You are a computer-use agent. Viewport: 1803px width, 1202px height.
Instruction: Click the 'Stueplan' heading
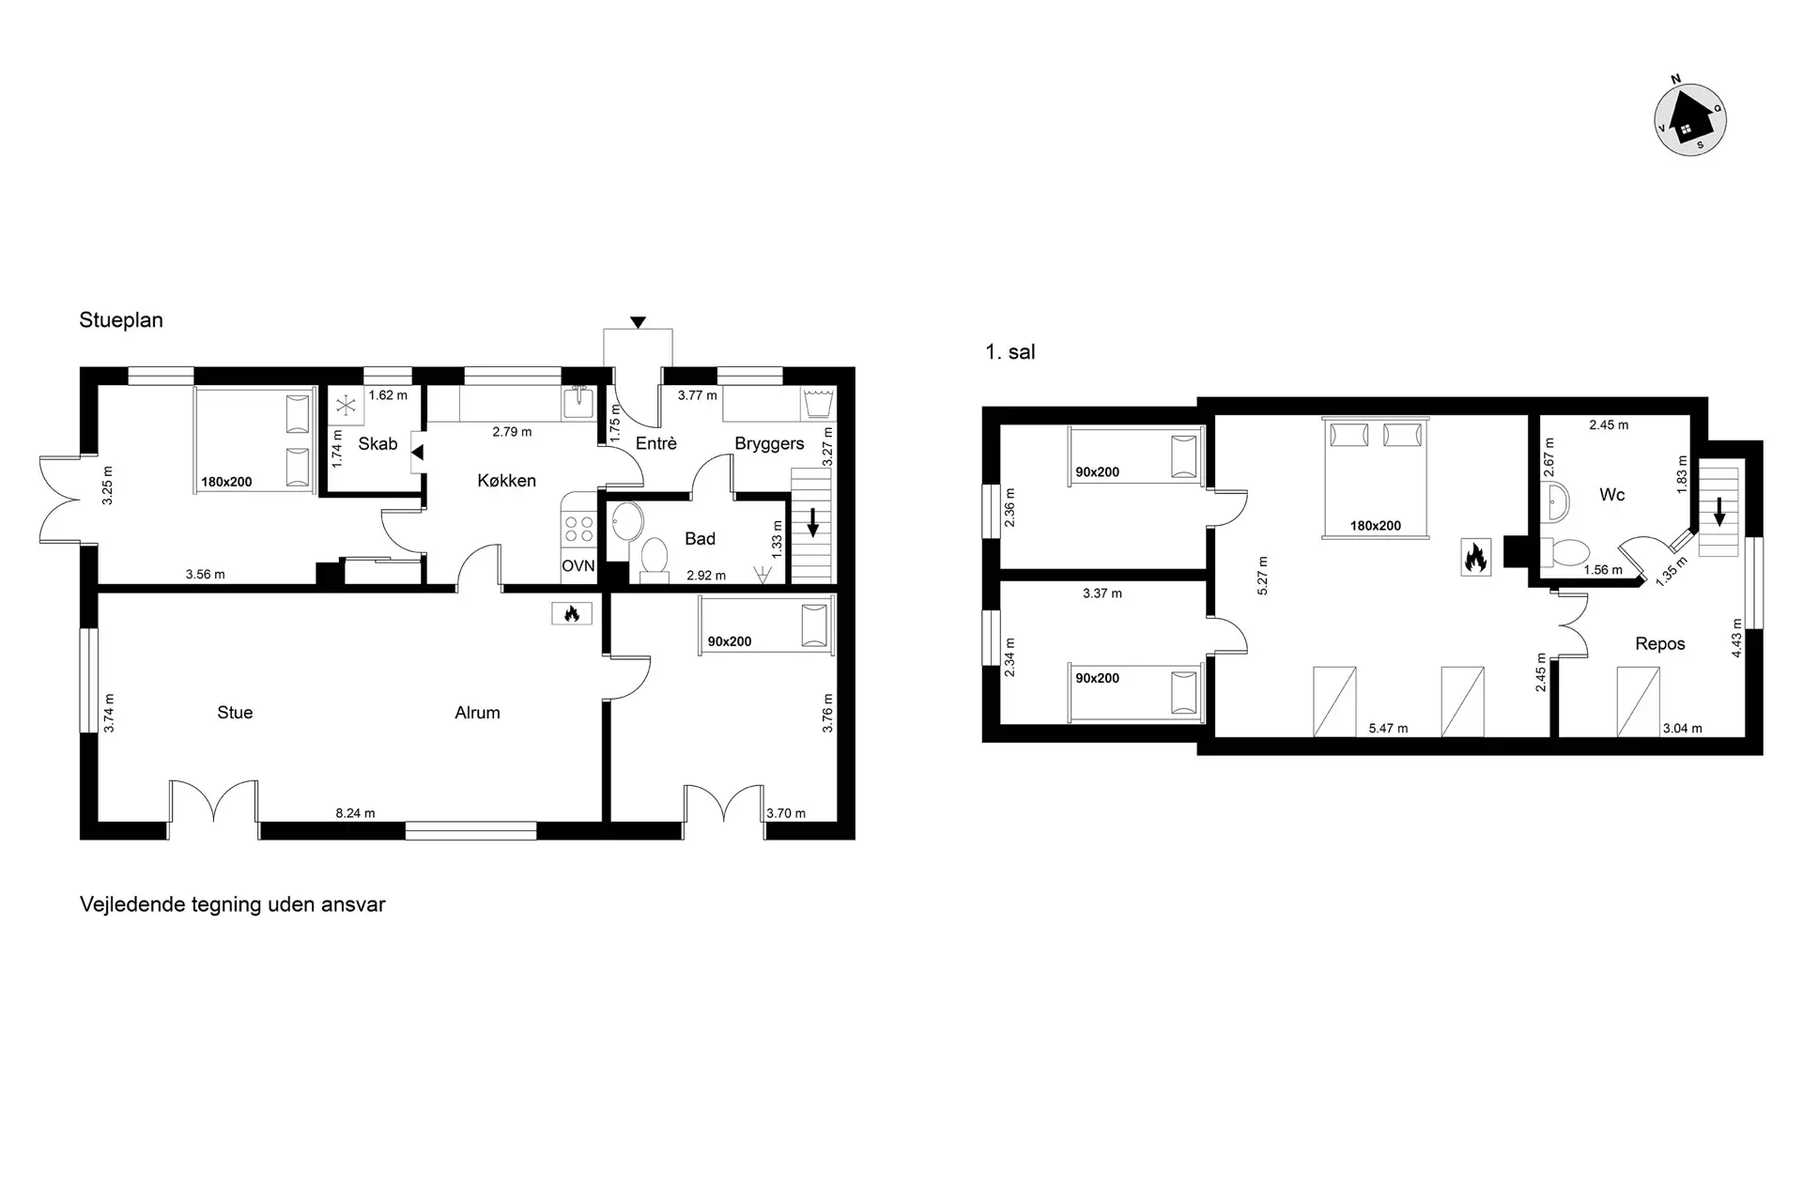pos(121,320)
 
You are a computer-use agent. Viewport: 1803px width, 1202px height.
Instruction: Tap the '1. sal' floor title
pos(1009,352)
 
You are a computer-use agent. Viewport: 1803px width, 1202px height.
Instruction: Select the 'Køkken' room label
pos(506,481)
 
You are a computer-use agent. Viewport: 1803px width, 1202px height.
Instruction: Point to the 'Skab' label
pos(378,443)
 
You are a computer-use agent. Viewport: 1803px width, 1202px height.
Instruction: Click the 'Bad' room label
pos(700,539)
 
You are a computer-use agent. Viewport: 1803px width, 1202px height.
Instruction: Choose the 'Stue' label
pos(235,713)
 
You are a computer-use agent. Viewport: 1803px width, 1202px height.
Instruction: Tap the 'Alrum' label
pos(477,713)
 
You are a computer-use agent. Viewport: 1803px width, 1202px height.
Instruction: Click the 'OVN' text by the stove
pos(578,566)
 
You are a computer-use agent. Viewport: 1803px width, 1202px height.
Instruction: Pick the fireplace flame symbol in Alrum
pos(571,613)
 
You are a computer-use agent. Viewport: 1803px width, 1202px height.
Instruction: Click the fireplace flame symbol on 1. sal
pos(1475,557)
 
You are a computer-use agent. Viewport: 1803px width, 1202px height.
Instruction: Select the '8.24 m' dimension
pos(355,813)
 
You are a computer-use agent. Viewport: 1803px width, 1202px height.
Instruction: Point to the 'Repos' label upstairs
pos(1660,644)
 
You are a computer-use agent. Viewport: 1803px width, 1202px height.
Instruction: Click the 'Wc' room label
pos(1611,495)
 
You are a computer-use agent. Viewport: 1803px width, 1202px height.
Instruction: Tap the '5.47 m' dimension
pos(1388,728)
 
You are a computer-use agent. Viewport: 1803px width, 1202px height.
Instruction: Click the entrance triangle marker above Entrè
pos(638,323)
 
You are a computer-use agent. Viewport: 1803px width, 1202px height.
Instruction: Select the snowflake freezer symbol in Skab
pos(347,406)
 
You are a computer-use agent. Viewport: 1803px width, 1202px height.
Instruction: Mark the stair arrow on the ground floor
pos(812,522)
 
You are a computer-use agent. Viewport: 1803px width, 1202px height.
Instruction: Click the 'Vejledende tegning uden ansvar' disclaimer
pos(233,905)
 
